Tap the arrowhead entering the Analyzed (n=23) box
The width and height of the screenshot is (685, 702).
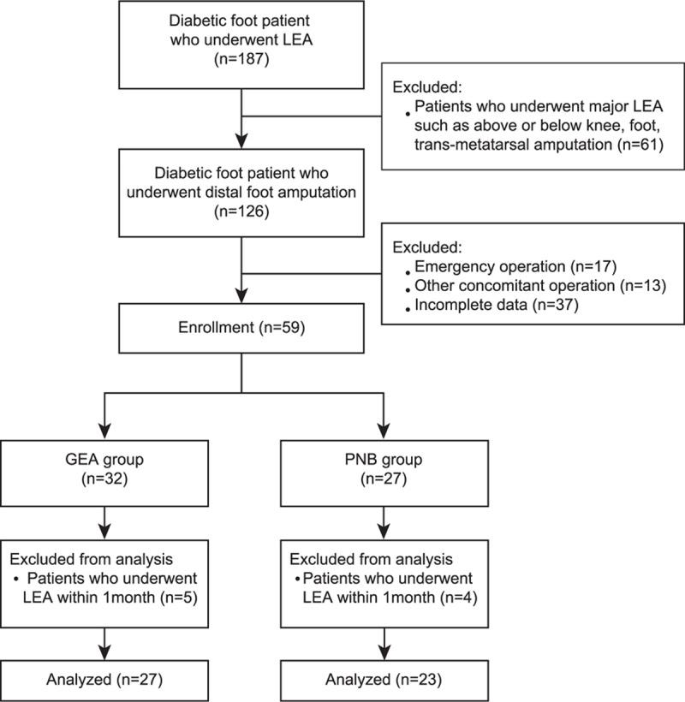(x=382, y=652)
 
